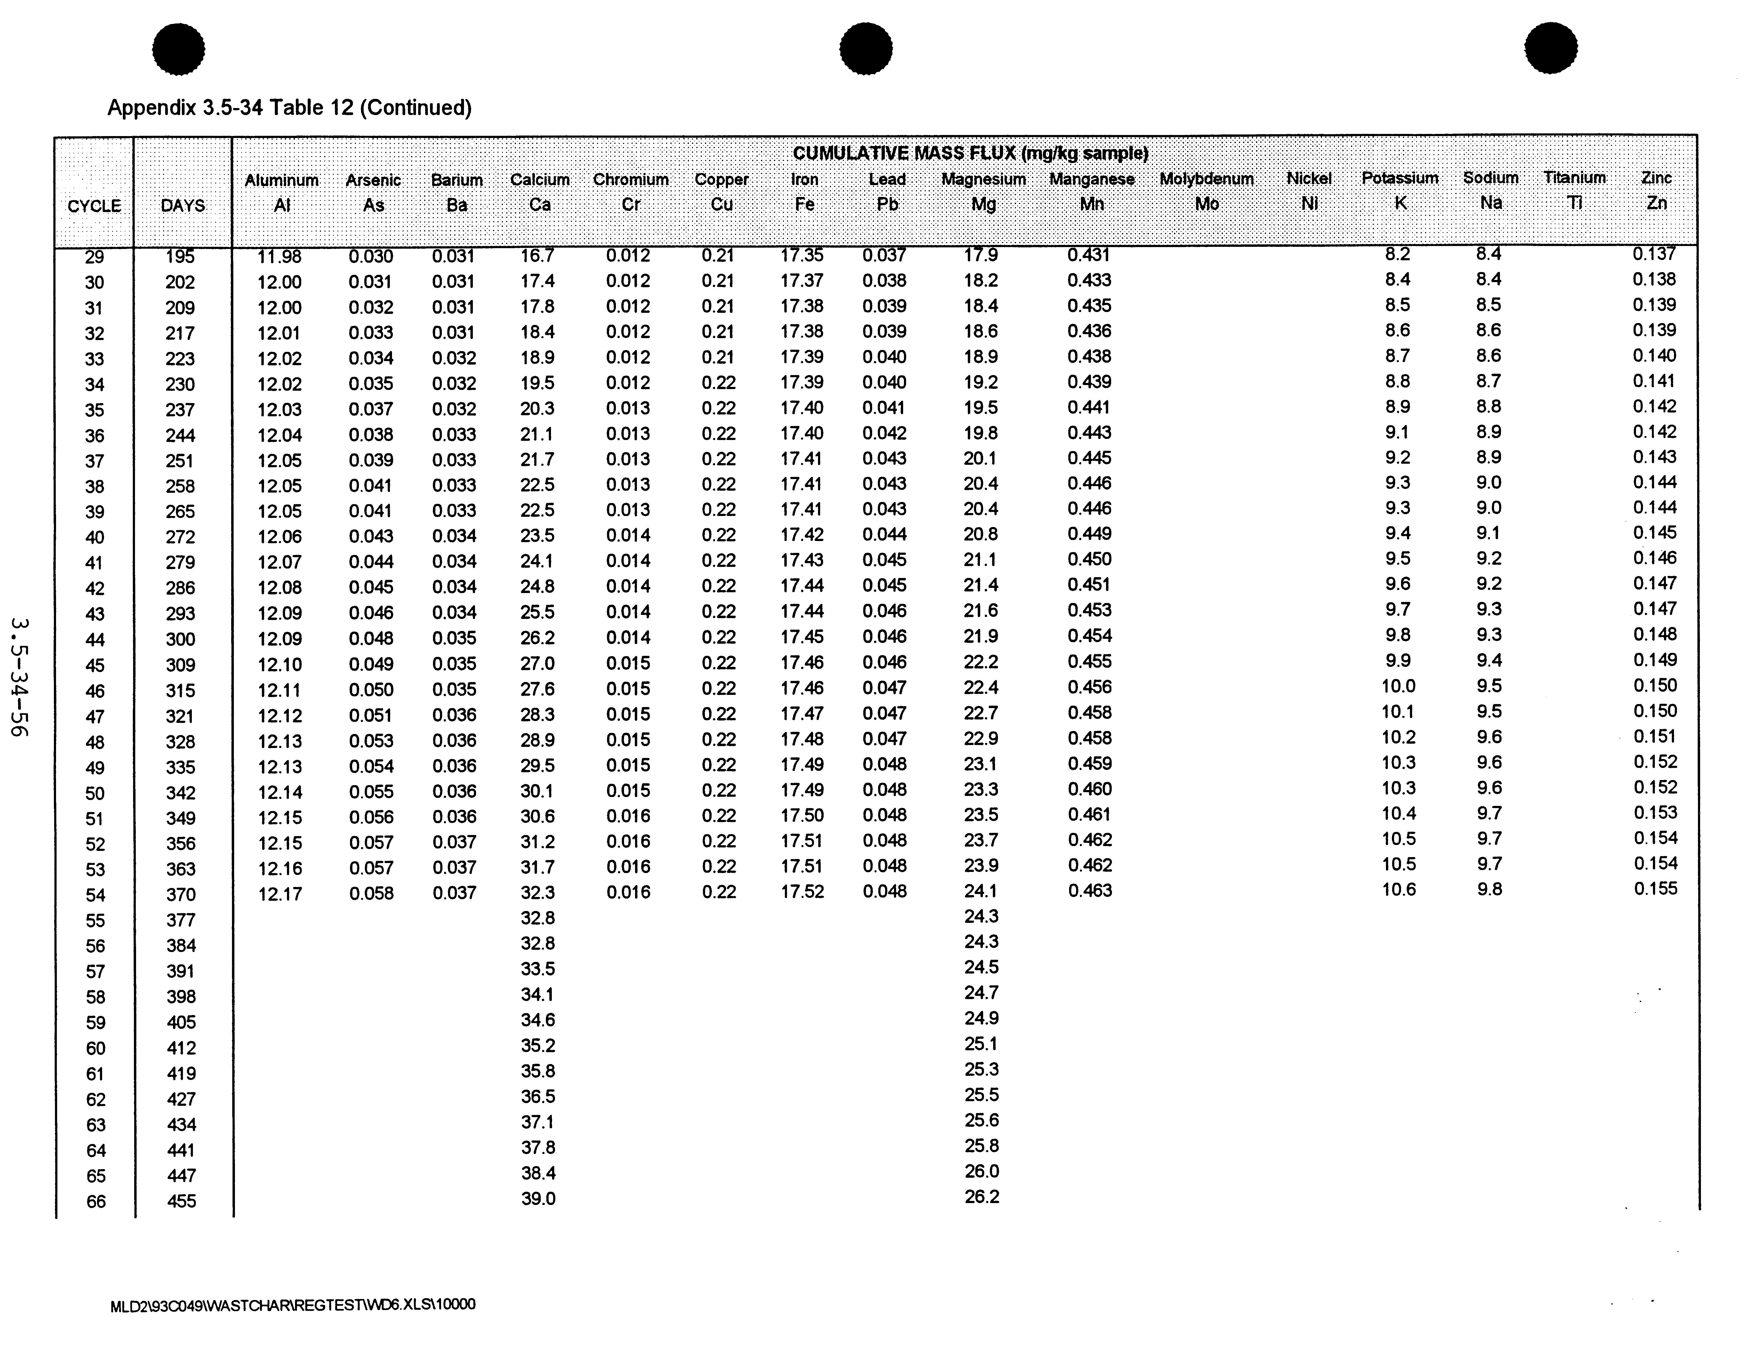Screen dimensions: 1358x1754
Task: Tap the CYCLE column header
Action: click(x=94, y=206)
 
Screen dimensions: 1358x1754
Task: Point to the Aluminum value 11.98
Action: click(x=279, y=256)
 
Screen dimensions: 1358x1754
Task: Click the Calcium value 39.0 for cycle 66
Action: click(x=538, y=1198)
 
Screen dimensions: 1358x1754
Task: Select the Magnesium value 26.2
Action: click(x=981, y=1197)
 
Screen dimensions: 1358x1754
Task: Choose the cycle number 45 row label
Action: click(x=95, y=665)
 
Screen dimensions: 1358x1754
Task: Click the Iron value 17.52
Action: click(x=802, y=891)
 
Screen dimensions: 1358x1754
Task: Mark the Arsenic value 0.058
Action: click(x=371, y=893)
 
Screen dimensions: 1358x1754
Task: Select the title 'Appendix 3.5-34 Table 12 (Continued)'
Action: click(x=289, y=108)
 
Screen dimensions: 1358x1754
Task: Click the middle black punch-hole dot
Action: click(x=866, y=48)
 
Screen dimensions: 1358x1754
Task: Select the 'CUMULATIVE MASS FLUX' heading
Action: click(x=970, y=153)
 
